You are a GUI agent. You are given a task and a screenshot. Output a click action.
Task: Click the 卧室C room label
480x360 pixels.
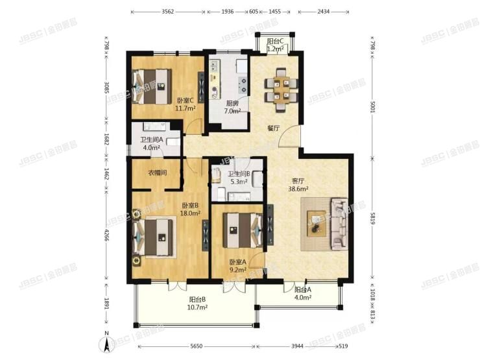click(x=185, y=104)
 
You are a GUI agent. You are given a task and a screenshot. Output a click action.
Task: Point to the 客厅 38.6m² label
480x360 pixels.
click(x=298, y=185)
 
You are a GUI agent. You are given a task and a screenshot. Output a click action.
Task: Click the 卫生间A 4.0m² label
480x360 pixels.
click(x=150, y=143)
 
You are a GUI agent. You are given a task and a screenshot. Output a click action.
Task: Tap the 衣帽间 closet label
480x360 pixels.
click(x=157, y=173)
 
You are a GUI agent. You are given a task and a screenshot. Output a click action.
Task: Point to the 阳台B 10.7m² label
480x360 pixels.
click(x=198, y=303)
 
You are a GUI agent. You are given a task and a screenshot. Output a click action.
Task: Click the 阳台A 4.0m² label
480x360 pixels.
click(x=302, y=294)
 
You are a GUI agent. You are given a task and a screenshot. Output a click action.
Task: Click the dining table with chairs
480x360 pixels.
click(x=281, y=90)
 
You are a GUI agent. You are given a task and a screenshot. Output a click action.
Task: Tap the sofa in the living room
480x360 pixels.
click(x=340, y=224)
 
